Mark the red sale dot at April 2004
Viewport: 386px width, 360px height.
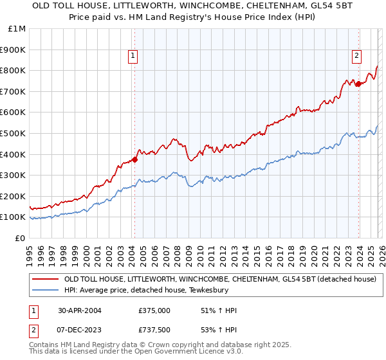(x=135, y=159)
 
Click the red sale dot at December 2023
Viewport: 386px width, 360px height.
(x=358, y=84)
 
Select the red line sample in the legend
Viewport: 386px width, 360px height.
(x=45, y=280)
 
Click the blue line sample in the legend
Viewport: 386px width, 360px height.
(x=45, y=291)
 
